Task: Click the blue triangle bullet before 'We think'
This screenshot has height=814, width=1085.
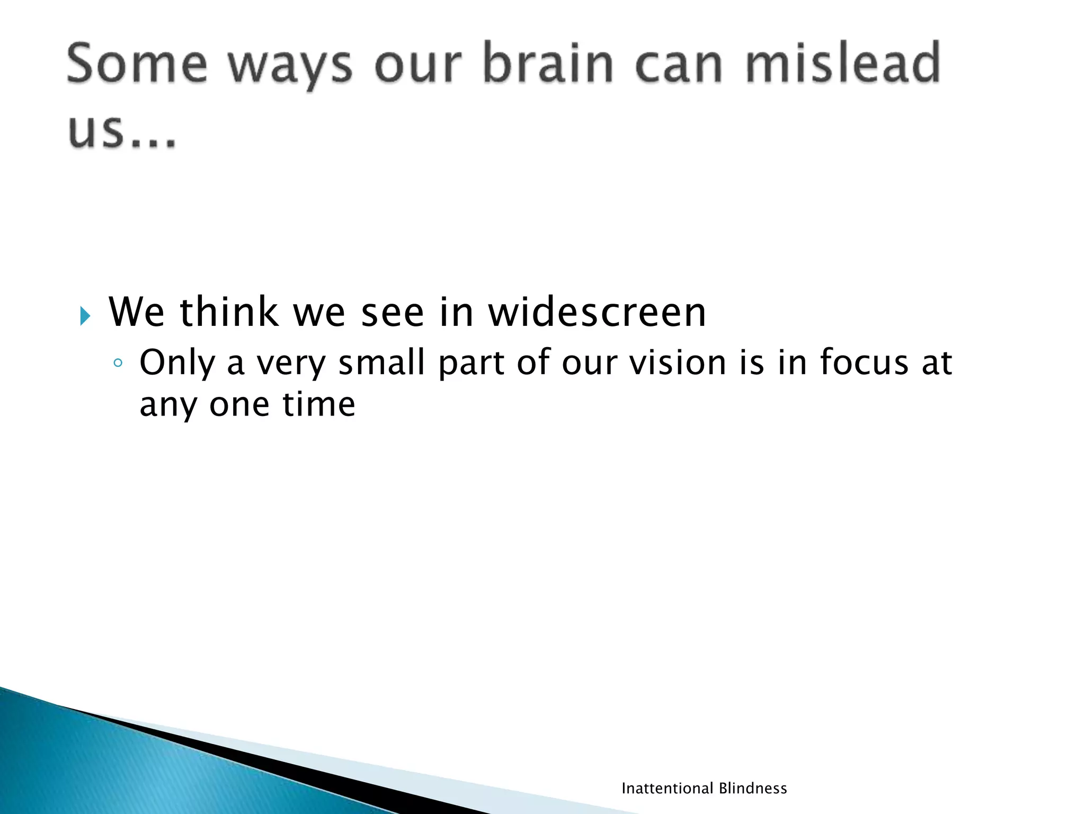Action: (85, 316)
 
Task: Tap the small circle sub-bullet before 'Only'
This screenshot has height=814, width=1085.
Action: (118, 364)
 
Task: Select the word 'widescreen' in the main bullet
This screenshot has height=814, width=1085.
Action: (597, 312)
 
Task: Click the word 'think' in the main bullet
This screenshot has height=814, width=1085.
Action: (229, 312)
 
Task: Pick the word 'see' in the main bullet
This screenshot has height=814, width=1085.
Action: (393, 312)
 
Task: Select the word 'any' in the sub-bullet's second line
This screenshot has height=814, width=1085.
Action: (167, 407)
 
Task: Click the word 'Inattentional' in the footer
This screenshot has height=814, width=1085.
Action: (667, 789)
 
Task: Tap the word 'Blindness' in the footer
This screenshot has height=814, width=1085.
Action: (753, 789)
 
